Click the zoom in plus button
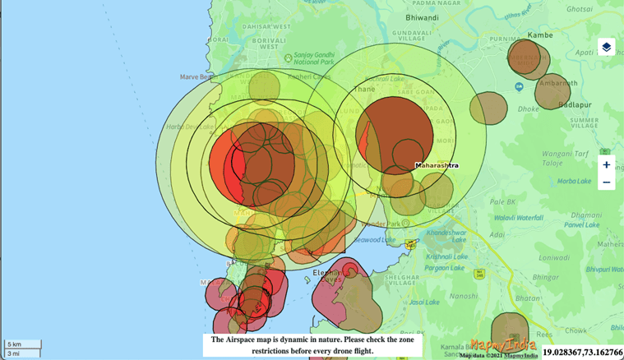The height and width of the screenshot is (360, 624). tap(606, 164)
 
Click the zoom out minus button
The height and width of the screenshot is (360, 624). tap(606, 182)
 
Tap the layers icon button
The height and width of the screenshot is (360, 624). tap(606, 47)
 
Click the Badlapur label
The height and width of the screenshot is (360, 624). tap(575, 104)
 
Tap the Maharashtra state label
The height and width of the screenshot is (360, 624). tap(437, 166)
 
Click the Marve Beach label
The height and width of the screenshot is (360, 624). tap(197, 77)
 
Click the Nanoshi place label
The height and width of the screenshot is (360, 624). tap(464, 295)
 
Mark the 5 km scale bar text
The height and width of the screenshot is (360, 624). tap(15, 344)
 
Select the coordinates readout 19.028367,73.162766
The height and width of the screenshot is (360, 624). tap(582, 352)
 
